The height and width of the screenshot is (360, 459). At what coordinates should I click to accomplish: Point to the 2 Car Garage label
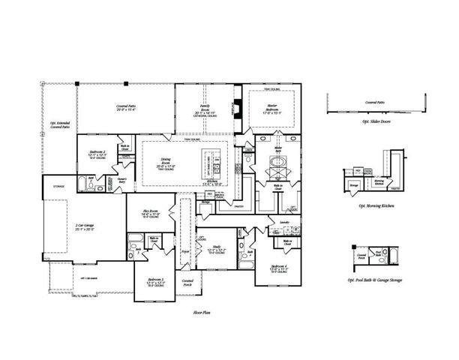click(x=84, y=226)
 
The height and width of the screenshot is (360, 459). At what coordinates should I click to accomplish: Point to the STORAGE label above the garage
click(x=58, y=186)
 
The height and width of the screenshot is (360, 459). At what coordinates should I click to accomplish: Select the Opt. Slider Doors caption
click(x=375, y=121)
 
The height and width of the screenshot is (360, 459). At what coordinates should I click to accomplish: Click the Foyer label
click(x=184, y=253)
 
